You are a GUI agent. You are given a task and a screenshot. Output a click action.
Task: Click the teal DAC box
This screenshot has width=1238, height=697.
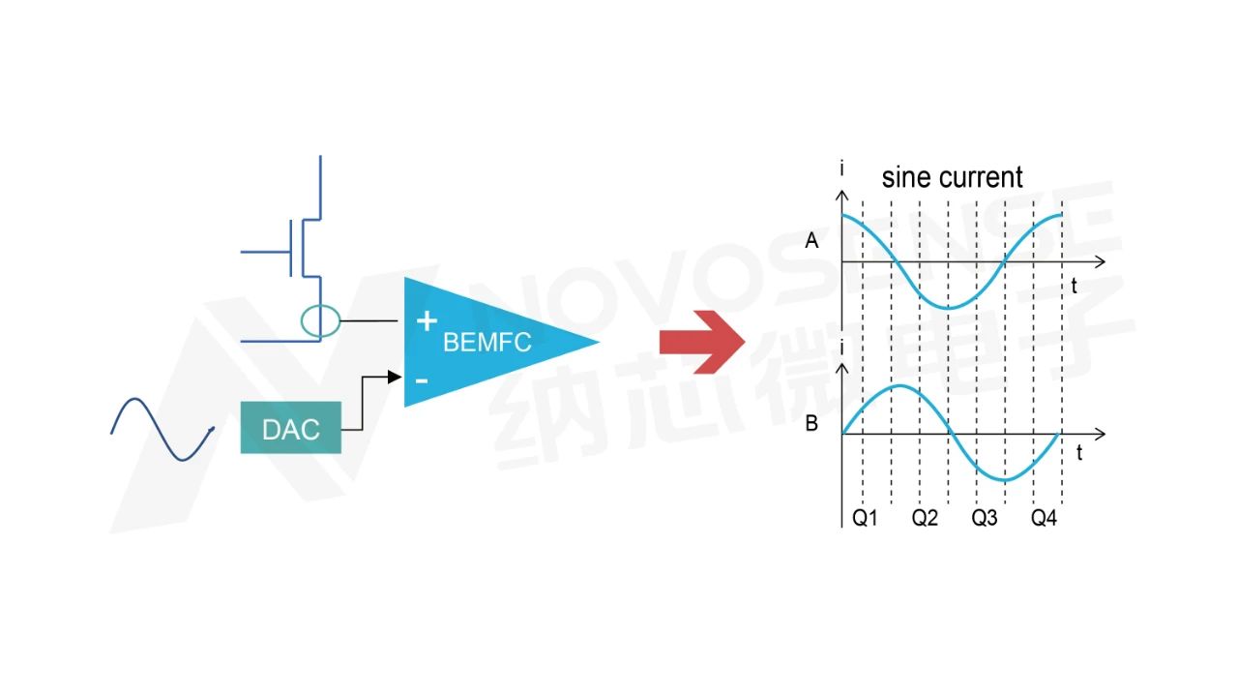pos(291,428)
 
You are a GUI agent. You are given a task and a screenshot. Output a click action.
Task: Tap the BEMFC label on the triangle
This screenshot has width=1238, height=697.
pos(486,343)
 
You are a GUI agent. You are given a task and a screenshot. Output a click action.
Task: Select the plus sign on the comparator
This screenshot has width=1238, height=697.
pos(427,320)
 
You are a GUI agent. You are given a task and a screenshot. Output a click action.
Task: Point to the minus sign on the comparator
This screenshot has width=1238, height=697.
pos(422,380)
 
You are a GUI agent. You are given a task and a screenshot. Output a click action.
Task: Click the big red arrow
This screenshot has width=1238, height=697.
pos(702,342)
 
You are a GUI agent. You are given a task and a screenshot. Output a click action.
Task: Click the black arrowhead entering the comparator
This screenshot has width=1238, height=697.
pos(394,378)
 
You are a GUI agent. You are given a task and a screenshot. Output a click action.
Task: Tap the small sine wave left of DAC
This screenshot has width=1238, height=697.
pos(162,429)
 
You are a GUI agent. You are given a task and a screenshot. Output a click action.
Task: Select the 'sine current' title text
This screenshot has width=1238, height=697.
pos(952,177)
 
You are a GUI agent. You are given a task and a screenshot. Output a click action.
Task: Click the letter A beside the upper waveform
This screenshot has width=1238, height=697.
pos(811,241)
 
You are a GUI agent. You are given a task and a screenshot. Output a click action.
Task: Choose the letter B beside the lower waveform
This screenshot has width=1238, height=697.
pos(811,424)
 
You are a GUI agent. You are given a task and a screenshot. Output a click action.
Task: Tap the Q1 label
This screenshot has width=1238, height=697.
pos(865,518)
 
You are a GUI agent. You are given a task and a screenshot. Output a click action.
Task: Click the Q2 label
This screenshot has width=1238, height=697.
pos(925,518)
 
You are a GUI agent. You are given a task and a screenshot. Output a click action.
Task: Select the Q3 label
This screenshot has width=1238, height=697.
pos(985,518)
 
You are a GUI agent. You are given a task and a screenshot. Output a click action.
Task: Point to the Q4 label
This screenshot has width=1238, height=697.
pos(1044,518)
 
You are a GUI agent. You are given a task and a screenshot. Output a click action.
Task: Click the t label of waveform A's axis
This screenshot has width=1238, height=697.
pos(1074,286)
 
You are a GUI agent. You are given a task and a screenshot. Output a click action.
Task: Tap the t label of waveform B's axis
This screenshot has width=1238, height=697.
pos(1078,453)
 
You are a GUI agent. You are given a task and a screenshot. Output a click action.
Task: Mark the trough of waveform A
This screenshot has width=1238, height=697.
pos(949,308)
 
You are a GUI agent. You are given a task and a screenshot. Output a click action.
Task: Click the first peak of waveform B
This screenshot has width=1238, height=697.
pos(900,385)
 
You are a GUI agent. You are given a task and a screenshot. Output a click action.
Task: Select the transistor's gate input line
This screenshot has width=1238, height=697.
pos(266,253)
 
